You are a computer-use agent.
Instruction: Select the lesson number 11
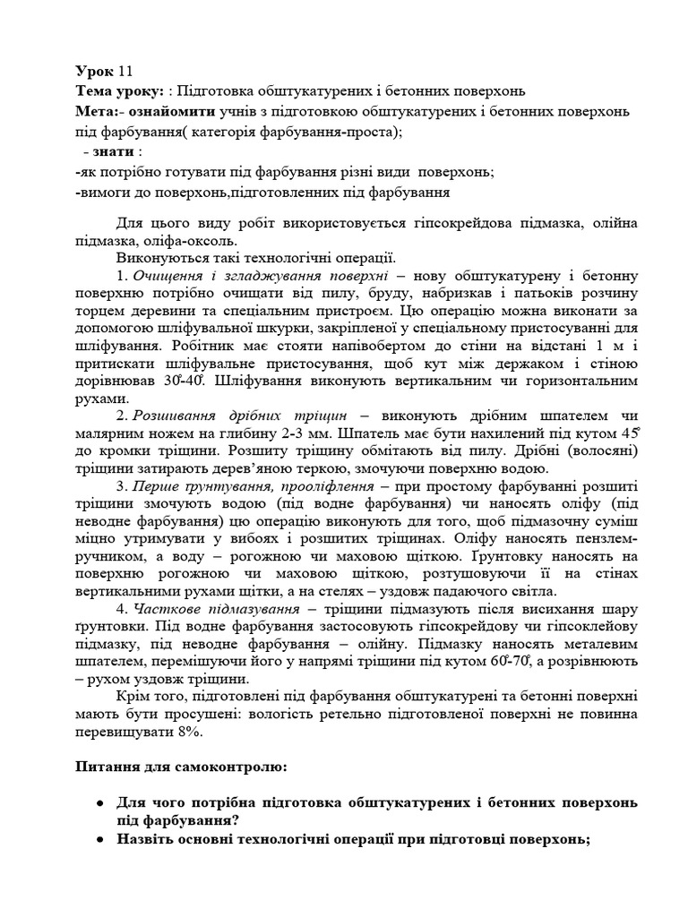125,72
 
